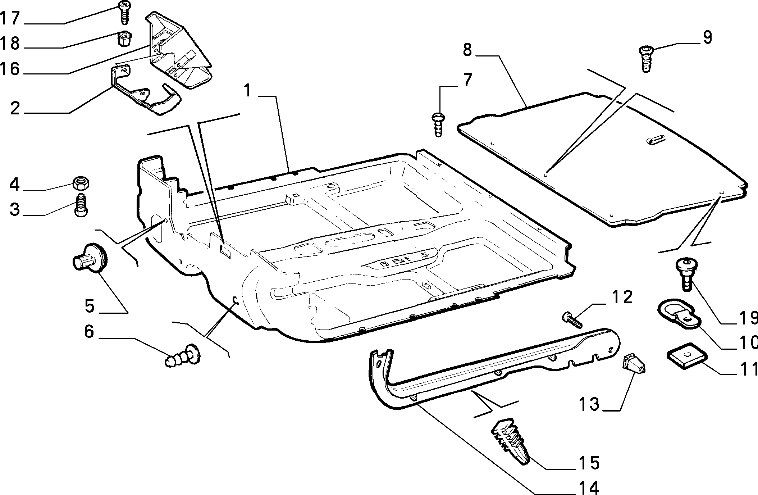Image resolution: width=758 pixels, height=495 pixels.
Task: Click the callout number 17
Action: [x=10, y=18]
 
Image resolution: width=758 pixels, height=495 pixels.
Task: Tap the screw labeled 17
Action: [x=124, y=12]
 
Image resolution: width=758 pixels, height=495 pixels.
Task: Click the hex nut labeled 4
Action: [x=81, y=183]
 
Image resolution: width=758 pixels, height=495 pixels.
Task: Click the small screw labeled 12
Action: [x=571, y=320]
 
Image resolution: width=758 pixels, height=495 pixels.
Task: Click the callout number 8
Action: [x=467, y=51]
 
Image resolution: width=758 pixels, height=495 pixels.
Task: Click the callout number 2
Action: [x=15, y=108]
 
